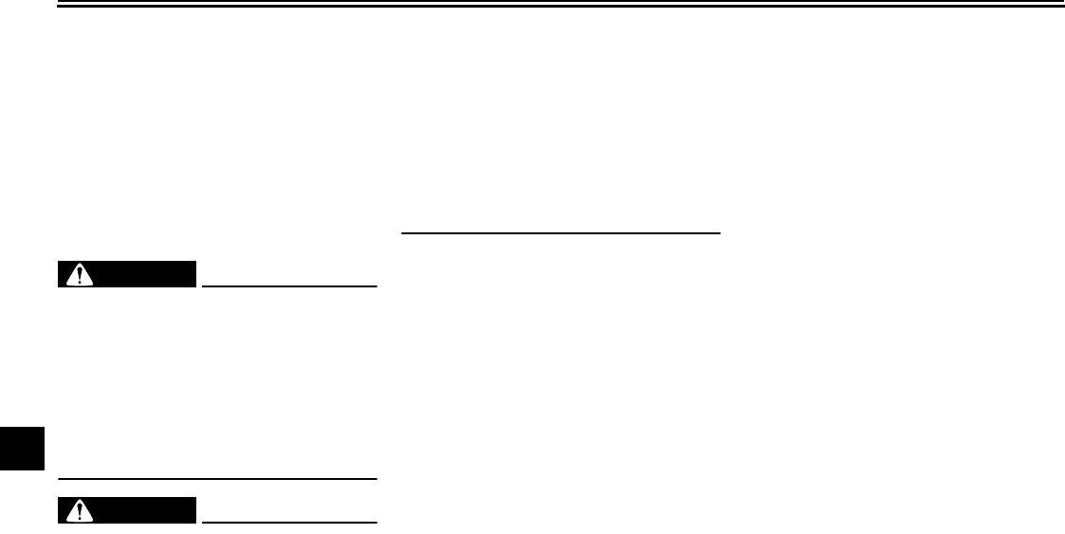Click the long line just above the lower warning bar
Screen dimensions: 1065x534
218,477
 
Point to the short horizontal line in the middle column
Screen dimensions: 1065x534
561,230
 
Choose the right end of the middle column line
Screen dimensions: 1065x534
721,230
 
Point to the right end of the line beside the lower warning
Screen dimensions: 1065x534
376,521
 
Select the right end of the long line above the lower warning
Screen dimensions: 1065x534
376,477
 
